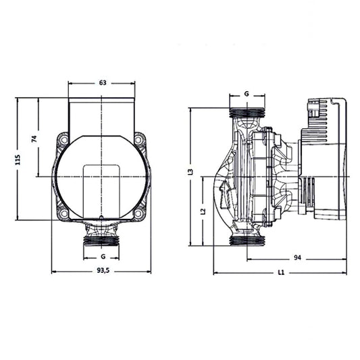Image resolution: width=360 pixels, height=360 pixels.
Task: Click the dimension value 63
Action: click(103, 83)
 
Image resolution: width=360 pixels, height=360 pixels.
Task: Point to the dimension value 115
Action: click(18, 159)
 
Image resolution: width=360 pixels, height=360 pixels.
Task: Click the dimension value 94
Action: click(297, 257)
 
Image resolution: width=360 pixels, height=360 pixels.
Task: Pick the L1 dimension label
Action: click(281, 273)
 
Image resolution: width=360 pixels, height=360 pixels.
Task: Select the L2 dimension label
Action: click(203, 211)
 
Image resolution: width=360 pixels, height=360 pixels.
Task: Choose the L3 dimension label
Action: click(192, 173)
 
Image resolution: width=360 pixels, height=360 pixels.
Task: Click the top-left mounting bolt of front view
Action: click(63, 140)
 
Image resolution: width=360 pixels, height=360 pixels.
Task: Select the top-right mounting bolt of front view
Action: click(139, 140)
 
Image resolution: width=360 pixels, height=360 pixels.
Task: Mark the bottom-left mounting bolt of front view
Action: click(63, 214)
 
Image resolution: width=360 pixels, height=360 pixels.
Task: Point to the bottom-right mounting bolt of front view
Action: click(139, 214)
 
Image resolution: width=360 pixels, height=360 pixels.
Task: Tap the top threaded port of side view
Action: click(247, 113)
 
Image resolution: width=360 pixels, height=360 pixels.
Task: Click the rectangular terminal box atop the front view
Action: click(103, 116)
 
